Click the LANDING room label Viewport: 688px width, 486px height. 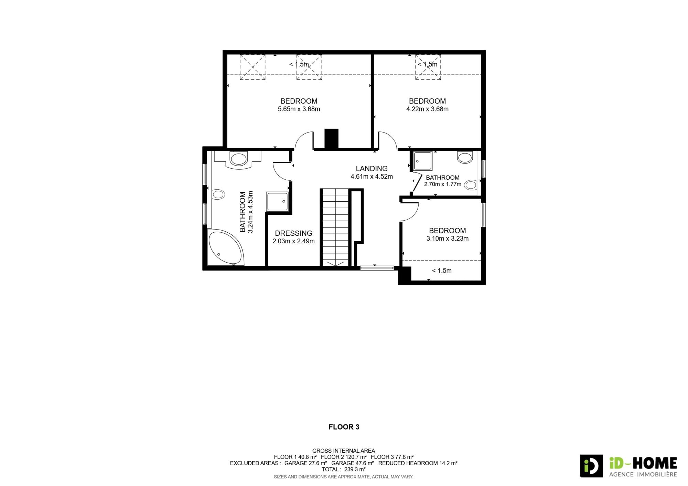point(372,168)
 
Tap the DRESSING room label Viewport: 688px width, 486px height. point(293,233)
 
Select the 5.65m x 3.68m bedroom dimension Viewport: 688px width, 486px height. point(299,109)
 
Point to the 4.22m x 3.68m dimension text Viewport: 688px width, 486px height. point(427,109)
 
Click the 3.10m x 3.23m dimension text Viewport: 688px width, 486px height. point(447,239)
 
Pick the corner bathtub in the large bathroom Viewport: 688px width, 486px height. point(225,247)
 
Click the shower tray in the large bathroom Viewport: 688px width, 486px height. point(277,202)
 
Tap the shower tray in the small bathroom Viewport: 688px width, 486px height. point(423,161)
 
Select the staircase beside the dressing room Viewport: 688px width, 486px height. point(335,227)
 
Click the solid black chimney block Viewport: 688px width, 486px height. point(332,139)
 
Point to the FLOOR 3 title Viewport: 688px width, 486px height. point(344,427)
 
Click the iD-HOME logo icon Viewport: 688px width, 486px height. point(591,466)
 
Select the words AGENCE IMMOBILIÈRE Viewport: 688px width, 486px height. point(643,474)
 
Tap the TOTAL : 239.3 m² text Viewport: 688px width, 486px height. point(344,469)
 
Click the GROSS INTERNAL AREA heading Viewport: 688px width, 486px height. point(344,451)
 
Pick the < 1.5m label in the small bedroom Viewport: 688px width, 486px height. point(442,271)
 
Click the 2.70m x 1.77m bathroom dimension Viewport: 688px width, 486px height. point(443,184)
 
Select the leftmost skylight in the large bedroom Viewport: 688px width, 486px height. point(252,67)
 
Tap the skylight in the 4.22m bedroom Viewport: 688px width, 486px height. point(428,67)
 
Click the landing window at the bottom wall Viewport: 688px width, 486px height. point(377,268)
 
